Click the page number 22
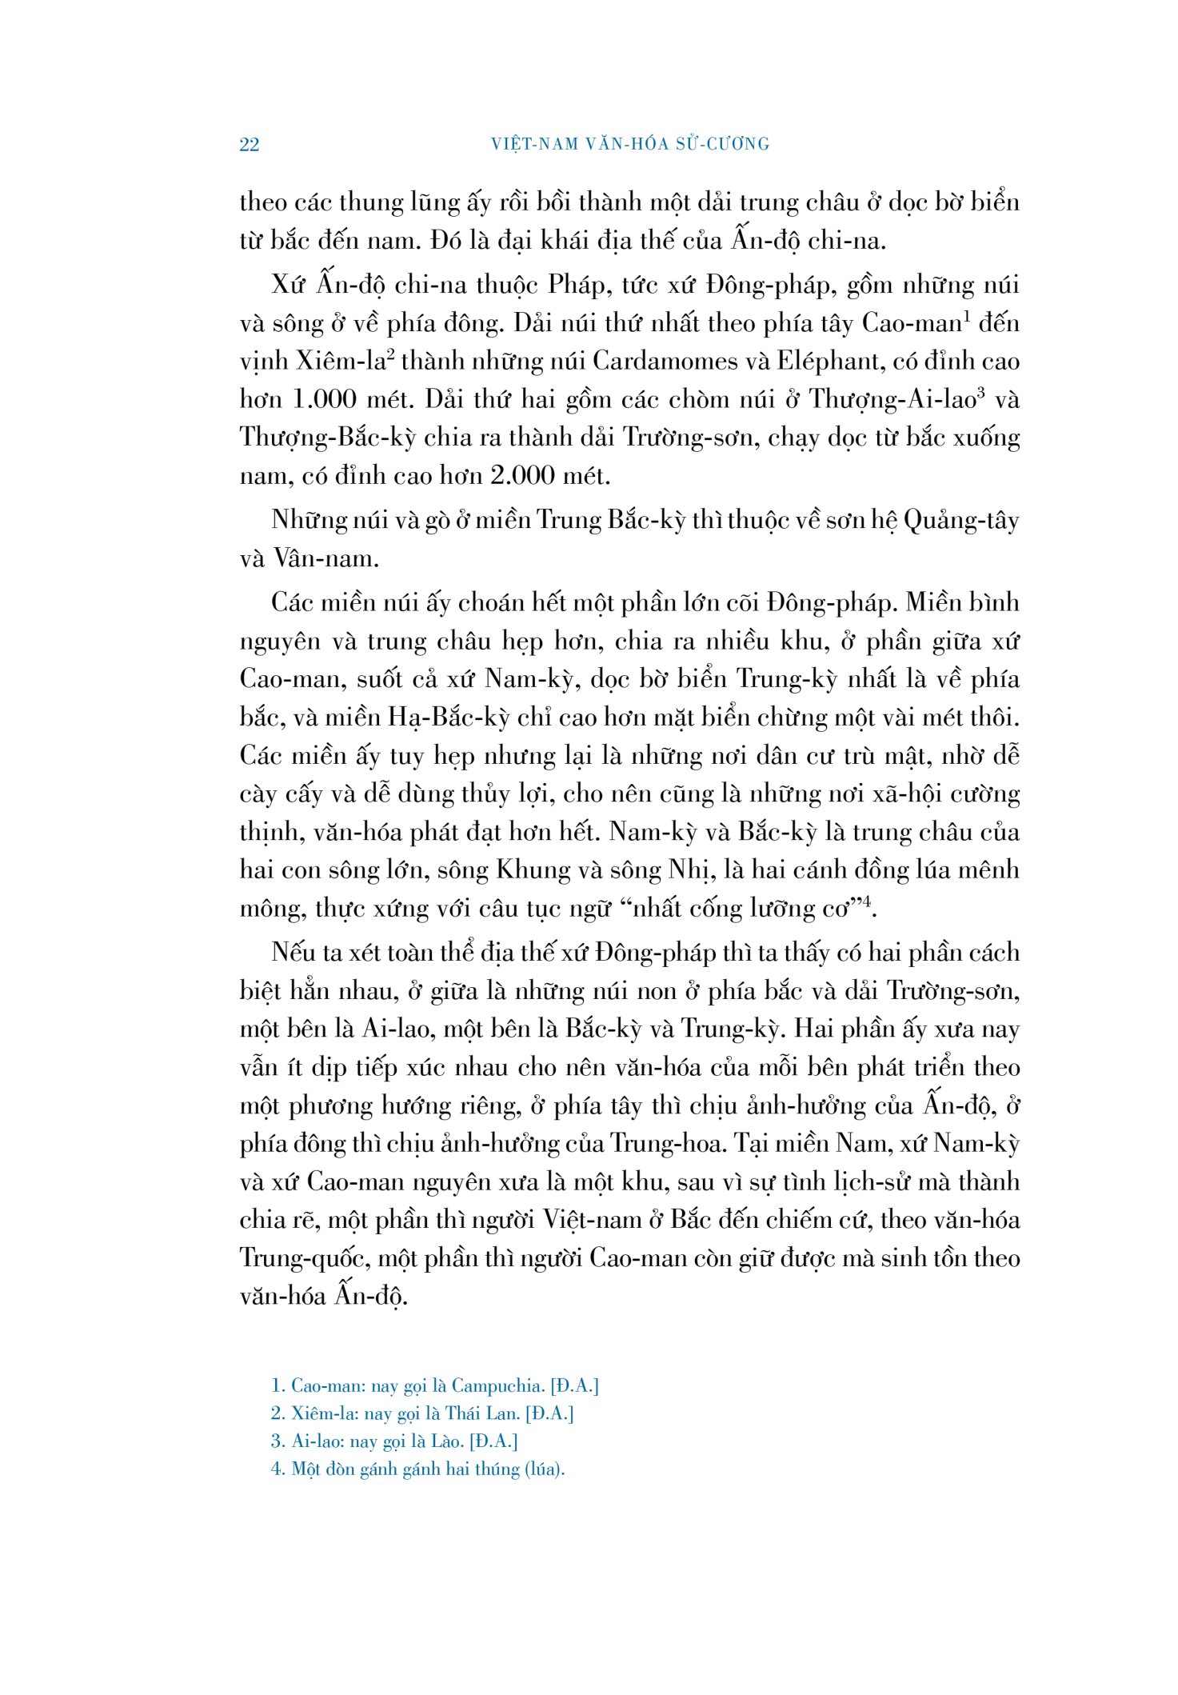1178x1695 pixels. (249, 145)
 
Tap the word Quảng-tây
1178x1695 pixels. (961, 521)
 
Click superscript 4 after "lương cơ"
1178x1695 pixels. (865, 902)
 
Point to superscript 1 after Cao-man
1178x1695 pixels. (966, 316)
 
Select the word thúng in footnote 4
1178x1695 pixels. (496, 1469)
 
